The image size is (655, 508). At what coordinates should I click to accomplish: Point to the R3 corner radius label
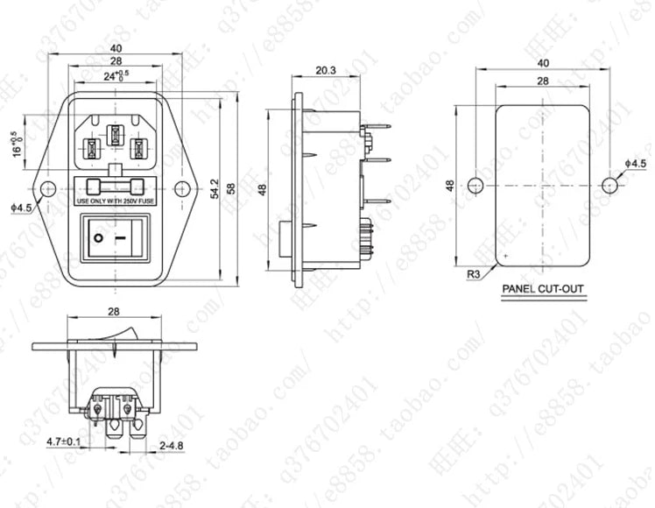[x=472, y=274]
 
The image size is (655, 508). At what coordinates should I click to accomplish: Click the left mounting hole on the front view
[x=46, y=187]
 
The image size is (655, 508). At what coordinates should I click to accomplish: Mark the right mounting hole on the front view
[x=181, y=187]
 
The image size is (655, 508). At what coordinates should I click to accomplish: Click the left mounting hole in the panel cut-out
[x=475, y=186]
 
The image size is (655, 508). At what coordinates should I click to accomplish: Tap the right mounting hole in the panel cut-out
[x=609, y=186]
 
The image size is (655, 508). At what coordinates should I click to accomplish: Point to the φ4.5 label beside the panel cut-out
[x=636, y=164]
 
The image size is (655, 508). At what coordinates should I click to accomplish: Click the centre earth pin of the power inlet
[x=114, y=136]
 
